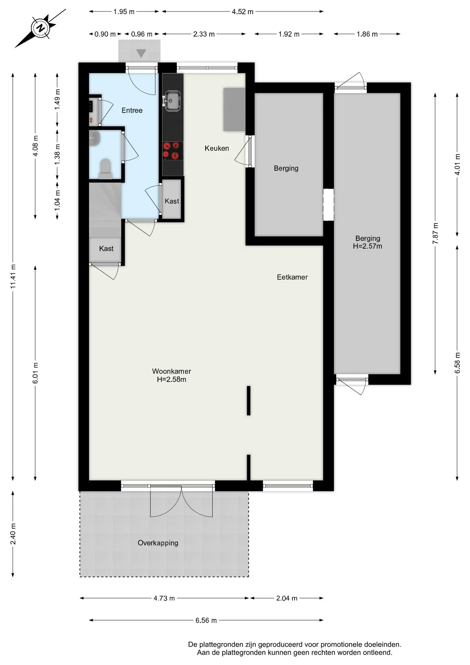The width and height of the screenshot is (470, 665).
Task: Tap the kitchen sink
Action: click(x=172, y=101)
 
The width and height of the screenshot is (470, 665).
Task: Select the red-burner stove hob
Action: click(x=173, y=151)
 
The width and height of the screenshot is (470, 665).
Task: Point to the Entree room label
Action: click(x=132, y=110)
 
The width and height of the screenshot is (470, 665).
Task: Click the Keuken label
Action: click(x=217, y=148)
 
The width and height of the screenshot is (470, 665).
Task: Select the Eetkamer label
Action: click(x=292, y=277)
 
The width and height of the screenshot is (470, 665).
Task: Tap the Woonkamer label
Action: click(x=172, y=371)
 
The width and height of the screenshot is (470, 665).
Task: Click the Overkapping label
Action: click(x=158, y=543)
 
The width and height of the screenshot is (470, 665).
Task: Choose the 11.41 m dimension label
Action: click(x=13, y=276)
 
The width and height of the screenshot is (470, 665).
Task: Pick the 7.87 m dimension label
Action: click(x=435, y=233)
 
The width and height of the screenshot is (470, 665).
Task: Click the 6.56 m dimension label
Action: click(x=206, y=620)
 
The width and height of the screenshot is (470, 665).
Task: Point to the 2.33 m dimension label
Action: click(x=204, y=34)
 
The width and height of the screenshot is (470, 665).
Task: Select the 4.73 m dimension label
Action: click(x=164, y=598)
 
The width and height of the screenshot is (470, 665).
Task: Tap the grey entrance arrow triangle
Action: click(x=141, y=53)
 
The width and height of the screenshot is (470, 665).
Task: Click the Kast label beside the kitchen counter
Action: click(x=172, y=201)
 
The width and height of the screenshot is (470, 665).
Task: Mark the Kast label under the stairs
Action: click(x=106, y=249)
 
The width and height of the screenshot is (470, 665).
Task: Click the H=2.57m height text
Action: click(x=368, y=246)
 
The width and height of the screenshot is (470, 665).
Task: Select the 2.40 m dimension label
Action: click(x=13, y=534)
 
